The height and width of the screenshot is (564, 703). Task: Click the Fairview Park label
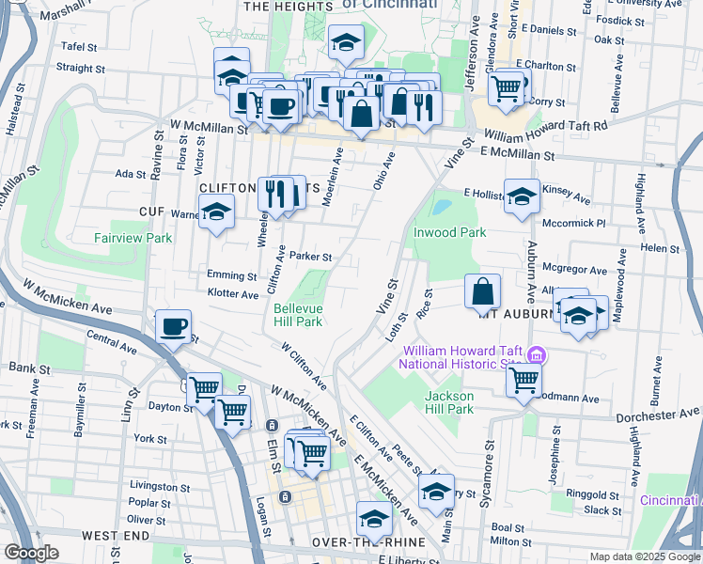point(133,238)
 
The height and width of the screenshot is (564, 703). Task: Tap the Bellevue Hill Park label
point(298,315)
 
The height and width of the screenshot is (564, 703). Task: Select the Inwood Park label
point(449,232)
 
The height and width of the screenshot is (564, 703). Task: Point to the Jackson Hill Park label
point(449,402)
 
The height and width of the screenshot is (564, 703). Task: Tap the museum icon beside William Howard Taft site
point(537,355)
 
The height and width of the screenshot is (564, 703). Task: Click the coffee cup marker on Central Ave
point(172,327)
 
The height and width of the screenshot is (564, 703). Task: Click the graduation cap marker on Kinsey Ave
point(522,196)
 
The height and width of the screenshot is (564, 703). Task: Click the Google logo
point(31,553)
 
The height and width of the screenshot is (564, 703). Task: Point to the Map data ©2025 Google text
point(645,556)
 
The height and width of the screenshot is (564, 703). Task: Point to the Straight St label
point(81,68)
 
